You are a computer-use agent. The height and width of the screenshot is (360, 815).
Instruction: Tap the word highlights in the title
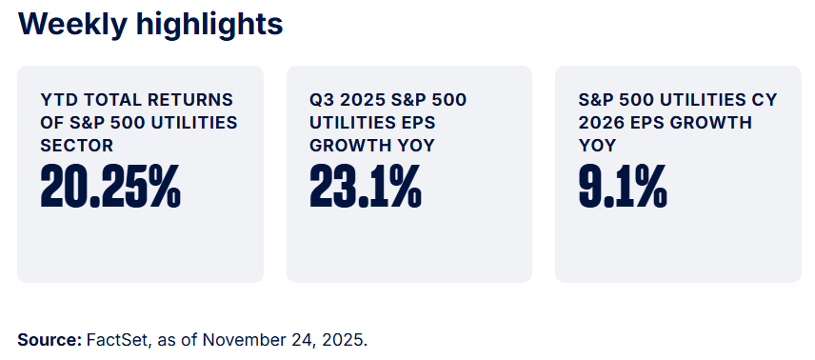pyautogui.click(x=207, y=24)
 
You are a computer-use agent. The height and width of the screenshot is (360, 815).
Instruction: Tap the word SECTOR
pyautogui.click(x=77, y=146)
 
